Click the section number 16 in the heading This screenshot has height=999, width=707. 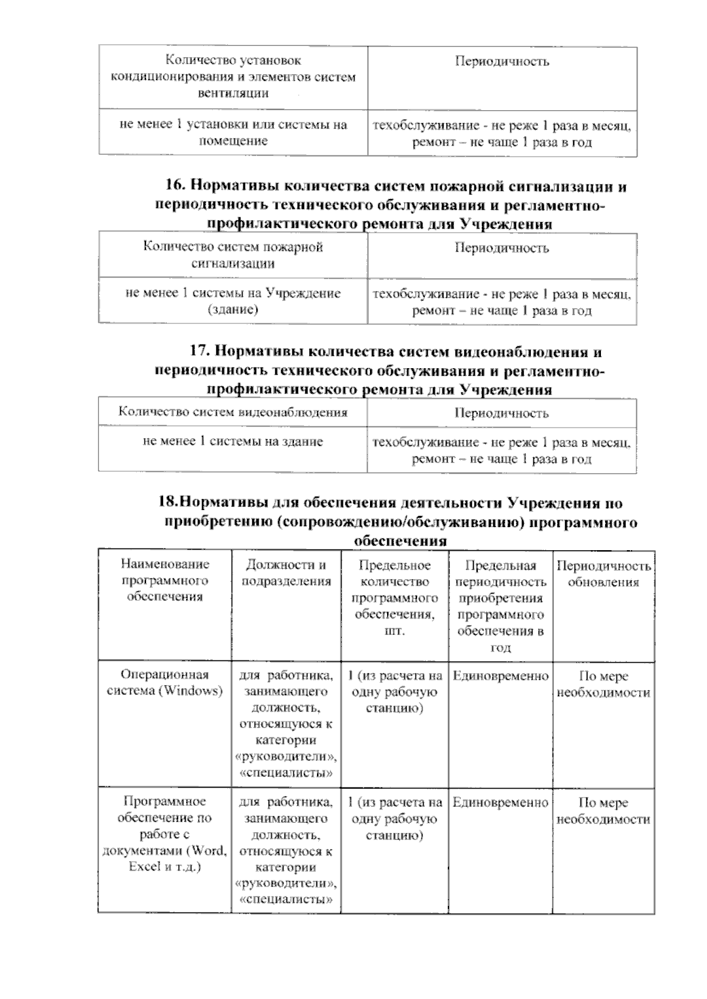pos(174,187)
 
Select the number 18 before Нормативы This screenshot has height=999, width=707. pos(167,503)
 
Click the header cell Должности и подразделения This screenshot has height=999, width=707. pos(286,573)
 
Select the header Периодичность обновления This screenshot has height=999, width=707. pos(603,574)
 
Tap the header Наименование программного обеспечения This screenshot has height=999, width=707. pos(165,580)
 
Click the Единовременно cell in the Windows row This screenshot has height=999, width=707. pos(500,676)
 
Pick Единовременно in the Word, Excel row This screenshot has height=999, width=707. pos(500,802)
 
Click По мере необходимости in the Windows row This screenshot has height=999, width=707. pos(603,684)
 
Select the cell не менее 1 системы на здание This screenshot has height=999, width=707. pos(233,441)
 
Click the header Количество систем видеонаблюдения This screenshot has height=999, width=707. pos(233,412)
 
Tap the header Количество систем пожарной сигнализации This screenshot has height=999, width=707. pos(233,255)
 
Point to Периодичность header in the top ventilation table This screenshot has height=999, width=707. pos(502,61)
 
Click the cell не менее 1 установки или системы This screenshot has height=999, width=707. pos(233,133)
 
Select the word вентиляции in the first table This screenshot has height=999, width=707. pos(233,93)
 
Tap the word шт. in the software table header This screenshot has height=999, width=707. pos(394,631)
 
